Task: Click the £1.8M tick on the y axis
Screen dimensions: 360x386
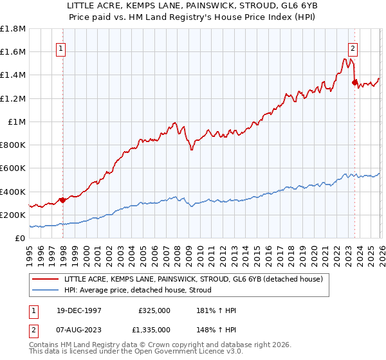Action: (x=13, y=29)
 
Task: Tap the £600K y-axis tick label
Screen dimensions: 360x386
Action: (x=13, y=168)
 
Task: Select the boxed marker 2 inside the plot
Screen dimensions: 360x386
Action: (x=353, y=48)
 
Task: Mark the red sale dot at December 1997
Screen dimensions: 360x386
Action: (x=63, y=200)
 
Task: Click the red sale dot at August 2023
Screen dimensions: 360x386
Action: (x=354, y=82)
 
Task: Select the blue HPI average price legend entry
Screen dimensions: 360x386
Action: (x=142, y=291)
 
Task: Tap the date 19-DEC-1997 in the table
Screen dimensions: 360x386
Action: (x=75, y=310)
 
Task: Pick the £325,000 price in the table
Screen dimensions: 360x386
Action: (x=154, y=310)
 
